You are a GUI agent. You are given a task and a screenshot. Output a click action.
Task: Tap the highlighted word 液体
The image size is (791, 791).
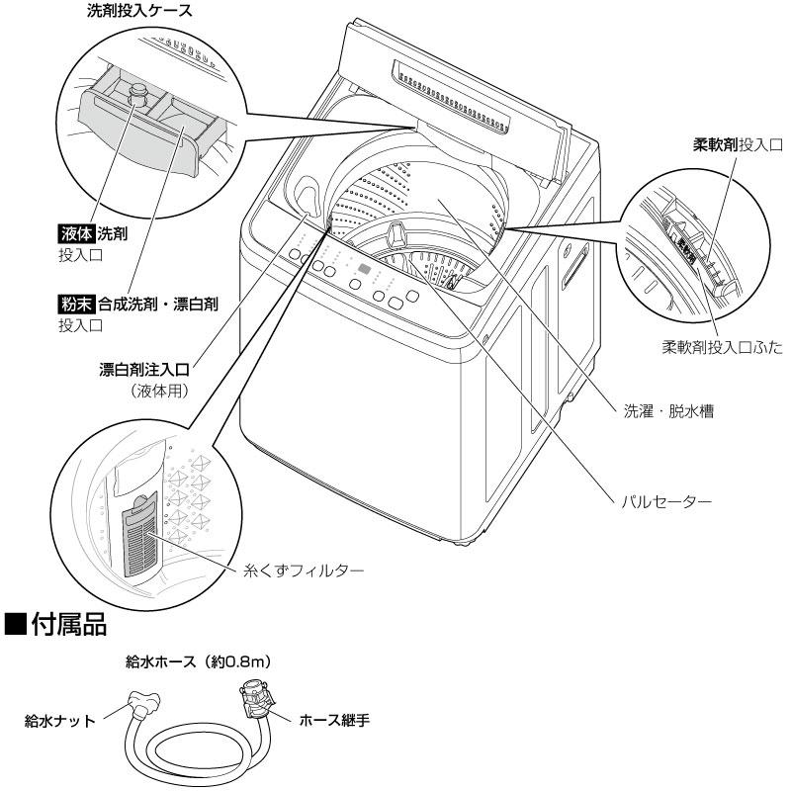75,234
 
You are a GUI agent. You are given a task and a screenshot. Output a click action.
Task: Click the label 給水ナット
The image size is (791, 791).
60,722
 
